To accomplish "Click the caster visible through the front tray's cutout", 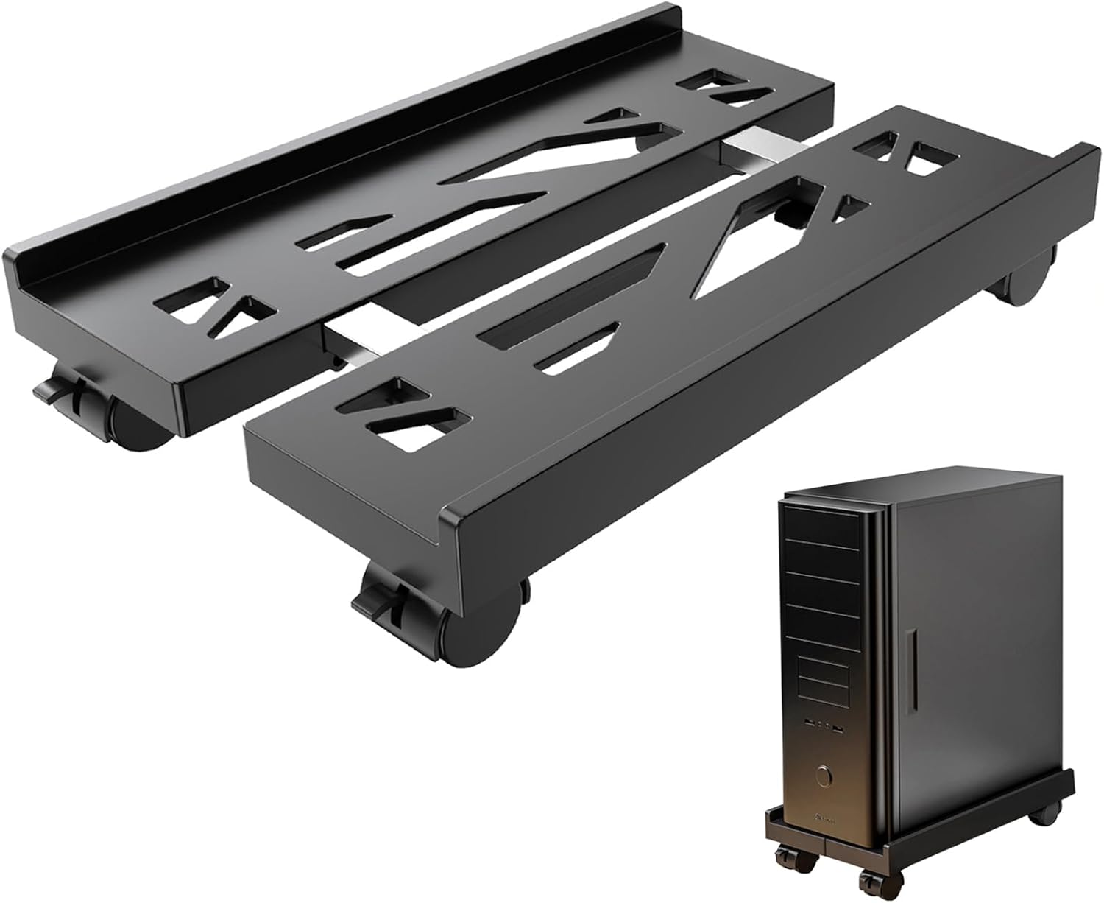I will (x=791, y=214).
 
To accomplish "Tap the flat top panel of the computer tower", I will (x=905, y=482).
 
